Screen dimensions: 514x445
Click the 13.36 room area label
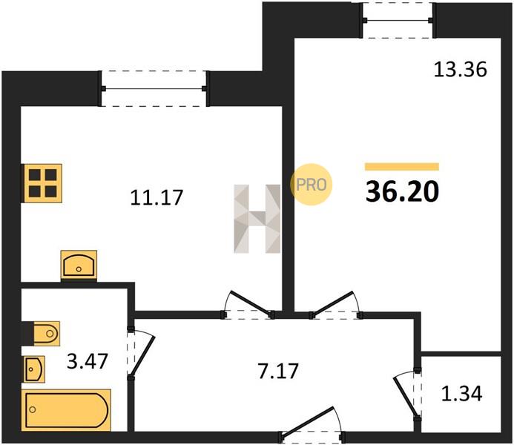click(x=461, y=70)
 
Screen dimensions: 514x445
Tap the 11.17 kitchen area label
click(x=156, y=197)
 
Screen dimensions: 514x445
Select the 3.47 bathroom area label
click(x=88, y=361)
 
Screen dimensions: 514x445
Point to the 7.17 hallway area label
click(x=278, y=372)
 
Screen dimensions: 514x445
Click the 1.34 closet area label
click(x=461, y=394)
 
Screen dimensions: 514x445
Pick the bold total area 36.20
click(x=402, y=191)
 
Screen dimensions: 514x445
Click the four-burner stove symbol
click(x=42, y=183)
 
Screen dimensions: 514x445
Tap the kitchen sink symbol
click(x=79, y=265)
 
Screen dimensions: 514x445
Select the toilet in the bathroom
click(x=42, y=334)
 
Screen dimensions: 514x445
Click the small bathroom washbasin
click(x=33, y=369)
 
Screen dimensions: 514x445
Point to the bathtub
click(x=67, y=409)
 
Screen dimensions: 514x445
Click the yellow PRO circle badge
click(x=311, y=185)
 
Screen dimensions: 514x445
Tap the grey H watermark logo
click(x=257, y=219)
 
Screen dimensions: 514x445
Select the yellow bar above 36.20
click(x=402, y=167)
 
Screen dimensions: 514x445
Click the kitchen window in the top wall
click(x=154, y=88)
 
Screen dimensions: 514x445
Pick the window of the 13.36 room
click(x=398, y=20)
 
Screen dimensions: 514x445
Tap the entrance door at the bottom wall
click(x=312, y=423)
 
